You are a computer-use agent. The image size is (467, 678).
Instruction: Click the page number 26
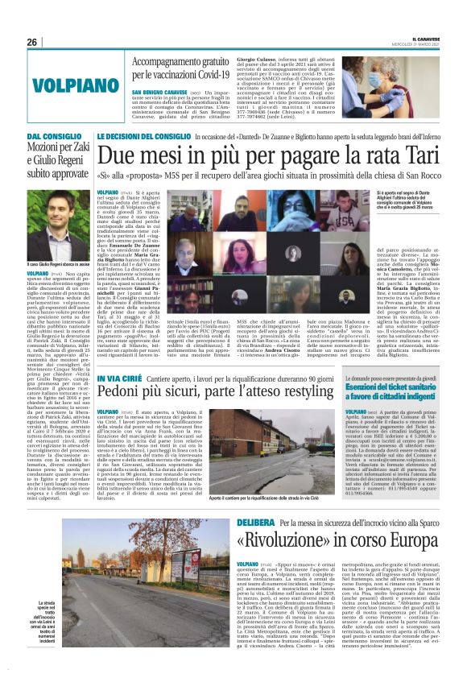pos(32,42)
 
